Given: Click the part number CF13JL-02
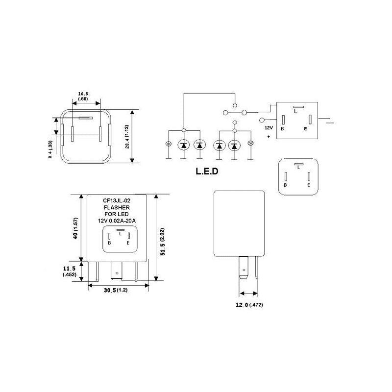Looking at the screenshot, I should point(116,200).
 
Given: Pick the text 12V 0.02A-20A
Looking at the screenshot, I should point(116,221).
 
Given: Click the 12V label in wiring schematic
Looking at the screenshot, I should point(269,127).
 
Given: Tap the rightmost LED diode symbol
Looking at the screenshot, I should point(235,145).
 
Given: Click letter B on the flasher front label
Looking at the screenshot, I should point(110,243).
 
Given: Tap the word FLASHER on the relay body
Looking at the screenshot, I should point(116,207).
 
